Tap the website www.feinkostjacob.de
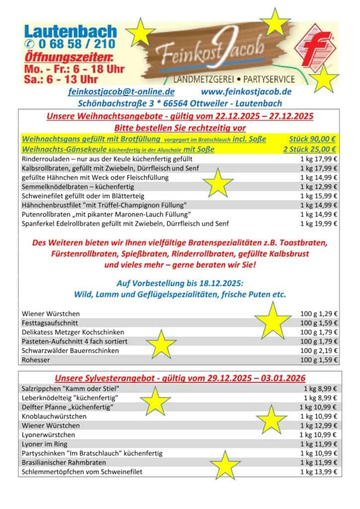pyautogui.click(x=246, y=92)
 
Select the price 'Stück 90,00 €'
pyautogui.click(x=312, y=139)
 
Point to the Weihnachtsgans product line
pyautogui.click(x=144, y=139)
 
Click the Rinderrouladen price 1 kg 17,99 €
pyautogui.click(x=319, y=159)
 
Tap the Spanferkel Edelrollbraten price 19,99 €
pyautogui.click(x=319, y=224)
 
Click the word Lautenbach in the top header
pyautogui.click(x=70, y=31)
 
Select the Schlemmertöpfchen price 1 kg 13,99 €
pyautogui.click(x=319, y=472)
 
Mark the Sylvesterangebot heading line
pyautogui.click(x=180, y=377)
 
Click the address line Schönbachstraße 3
pyautogui.click(x=180, y=103)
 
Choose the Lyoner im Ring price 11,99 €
pyautogui.click(x=319, y=444)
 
